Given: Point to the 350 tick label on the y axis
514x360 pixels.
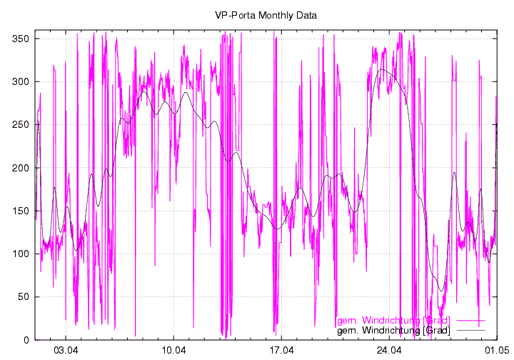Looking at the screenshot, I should tap(19, 39).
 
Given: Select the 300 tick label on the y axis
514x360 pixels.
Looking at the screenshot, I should tap(19, 81).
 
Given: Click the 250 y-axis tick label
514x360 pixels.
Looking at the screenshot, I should tap(19, 124).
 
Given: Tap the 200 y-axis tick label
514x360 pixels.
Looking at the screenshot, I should tap(19, 168).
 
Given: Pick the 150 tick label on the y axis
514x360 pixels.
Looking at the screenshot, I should tap(19, 211).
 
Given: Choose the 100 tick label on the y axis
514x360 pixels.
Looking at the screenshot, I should tap(19, 254).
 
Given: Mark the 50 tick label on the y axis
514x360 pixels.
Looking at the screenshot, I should tap(21, 296).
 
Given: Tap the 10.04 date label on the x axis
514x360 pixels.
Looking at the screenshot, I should tap(173, 351).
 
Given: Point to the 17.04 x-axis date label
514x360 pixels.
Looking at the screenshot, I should tap(281, 351).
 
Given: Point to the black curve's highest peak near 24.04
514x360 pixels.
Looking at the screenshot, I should tap(383, 69).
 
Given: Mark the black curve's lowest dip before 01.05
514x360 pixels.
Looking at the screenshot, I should tap(442, 291).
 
